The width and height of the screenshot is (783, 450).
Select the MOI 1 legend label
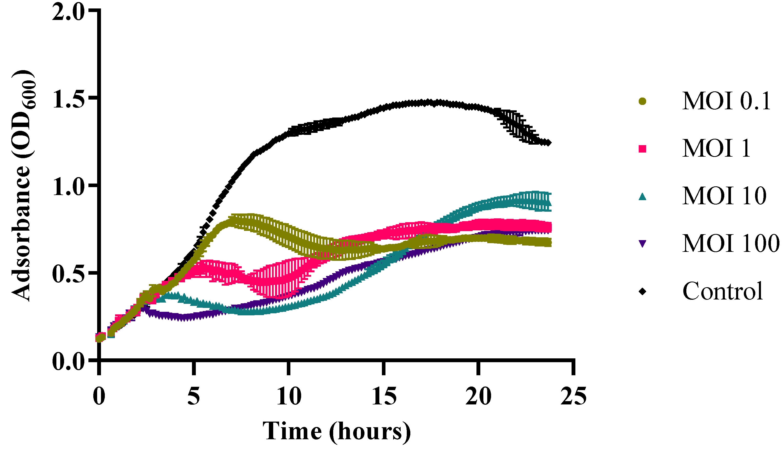tap(716, 149)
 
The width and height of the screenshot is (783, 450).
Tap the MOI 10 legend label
tap(724, 196)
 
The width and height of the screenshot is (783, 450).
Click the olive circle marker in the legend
tap(643, 101)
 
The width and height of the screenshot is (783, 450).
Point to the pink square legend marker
tap(643, 149)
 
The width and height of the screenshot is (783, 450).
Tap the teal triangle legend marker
tap(643, 196)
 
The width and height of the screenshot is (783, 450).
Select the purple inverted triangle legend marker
tap(643, 244)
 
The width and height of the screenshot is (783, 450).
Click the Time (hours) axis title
tap(337, 432)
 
